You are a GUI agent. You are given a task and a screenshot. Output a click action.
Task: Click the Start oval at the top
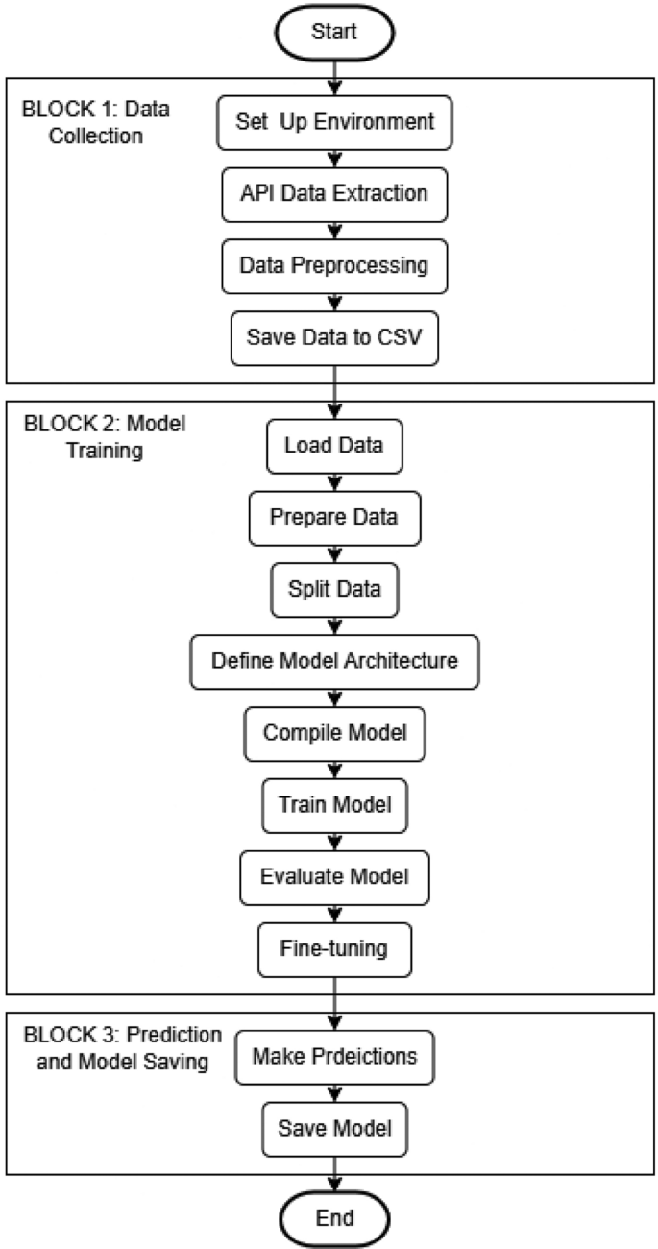click(x=333, y=31)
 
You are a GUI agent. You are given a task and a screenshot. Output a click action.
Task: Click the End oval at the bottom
click(x=333, y=1217)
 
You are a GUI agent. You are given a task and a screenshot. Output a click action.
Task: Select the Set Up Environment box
click(x=334, y=123)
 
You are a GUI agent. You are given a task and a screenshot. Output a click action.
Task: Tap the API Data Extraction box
click(x=334, y=193)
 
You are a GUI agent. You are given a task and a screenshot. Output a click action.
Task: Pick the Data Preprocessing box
click(x=334, y=265)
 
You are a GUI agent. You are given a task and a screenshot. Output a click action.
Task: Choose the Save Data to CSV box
click(x=334, y=337)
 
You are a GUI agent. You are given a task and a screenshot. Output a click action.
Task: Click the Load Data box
click(x=334, y=446)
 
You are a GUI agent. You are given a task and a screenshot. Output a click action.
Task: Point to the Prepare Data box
click(x=334, y=516)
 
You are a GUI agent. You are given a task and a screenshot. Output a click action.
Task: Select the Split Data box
click(x=334, y=587)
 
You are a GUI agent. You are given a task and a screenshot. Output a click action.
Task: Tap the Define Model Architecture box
click(x=334, y=660)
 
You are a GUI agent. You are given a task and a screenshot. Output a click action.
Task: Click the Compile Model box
click(x=334, y=732)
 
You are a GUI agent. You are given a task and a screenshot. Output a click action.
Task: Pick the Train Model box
click(x=334, y=803)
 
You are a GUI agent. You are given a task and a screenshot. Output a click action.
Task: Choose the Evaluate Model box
click(x=334, y=875)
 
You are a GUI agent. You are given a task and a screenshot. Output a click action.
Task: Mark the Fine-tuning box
click(x=334, y=948)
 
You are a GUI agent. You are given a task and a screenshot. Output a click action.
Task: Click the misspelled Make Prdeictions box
click(x=334, y=1057)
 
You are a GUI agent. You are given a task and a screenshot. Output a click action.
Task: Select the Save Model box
click(x=334, y=1128)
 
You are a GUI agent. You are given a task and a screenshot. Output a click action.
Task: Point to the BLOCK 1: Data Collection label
click(x=95, y=122)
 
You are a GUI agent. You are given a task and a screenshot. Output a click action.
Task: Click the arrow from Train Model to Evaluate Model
click(x=334, y=840)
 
